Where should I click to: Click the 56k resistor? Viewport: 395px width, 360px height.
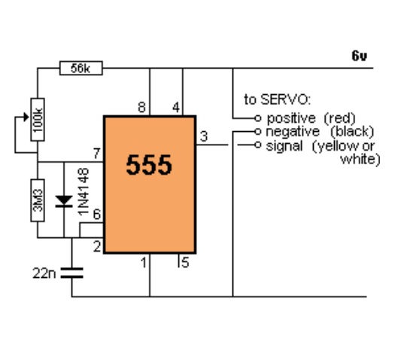[81, 68]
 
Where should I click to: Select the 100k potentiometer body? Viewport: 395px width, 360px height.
[38, 120]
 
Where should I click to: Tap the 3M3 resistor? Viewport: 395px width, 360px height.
[38, 200]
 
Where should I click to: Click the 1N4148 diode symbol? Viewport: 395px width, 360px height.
[64, 201]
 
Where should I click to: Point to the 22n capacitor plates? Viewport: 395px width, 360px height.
[71, 273]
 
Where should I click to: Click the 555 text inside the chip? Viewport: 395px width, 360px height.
[149, 165]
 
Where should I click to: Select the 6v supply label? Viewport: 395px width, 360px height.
[359, 56]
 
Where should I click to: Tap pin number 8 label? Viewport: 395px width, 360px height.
[142, 107]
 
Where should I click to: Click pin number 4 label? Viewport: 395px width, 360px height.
[176, 107]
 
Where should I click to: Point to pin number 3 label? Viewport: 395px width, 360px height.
[204, 136]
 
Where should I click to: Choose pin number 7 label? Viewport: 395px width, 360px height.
[97, 154]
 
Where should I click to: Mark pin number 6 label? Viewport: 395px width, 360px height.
[97, 215]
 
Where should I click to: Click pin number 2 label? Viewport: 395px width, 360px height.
[97, 246]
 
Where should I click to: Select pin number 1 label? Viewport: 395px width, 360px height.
[144, 263]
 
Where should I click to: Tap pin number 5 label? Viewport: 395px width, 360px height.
[185, 263]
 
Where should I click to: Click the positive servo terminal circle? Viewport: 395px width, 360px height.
[257, 118]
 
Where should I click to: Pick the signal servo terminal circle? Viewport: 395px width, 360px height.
[257, 145]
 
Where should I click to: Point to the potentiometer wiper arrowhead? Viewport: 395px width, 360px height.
[26, 117]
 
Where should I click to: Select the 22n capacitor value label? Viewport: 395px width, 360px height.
[44, 273]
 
